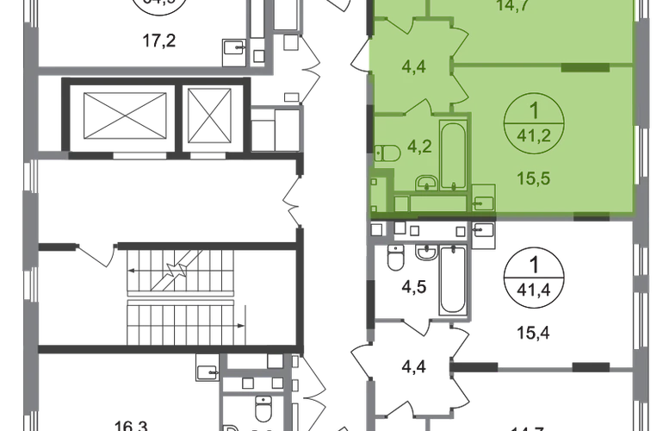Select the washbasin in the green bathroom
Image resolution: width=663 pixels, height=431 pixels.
424,183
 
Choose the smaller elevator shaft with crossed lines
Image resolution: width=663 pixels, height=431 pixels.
206,115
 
